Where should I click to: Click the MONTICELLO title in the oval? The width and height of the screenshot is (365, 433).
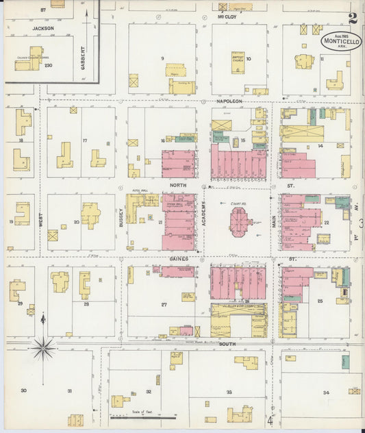(339, 43)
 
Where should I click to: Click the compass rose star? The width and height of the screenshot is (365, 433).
(45, 348)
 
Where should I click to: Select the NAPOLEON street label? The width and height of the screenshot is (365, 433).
(221, 100)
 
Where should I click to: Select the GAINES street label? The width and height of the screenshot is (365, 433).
(179, 260)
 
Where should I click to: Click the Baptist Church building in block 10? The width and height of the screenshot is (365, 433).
(237, 60)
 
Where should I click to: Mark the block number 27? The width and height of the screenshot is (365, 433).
(164, 304)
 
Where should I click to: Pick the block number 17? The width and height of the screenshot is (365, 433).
(84, 141)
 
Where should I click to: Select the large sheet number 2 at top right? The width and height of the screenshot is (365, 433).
(351, 18)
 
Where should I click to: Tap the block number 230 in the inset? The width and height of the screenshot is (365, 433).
(48, 66)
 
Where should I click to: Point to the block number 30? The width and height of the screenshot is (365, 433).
(23, 391)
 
